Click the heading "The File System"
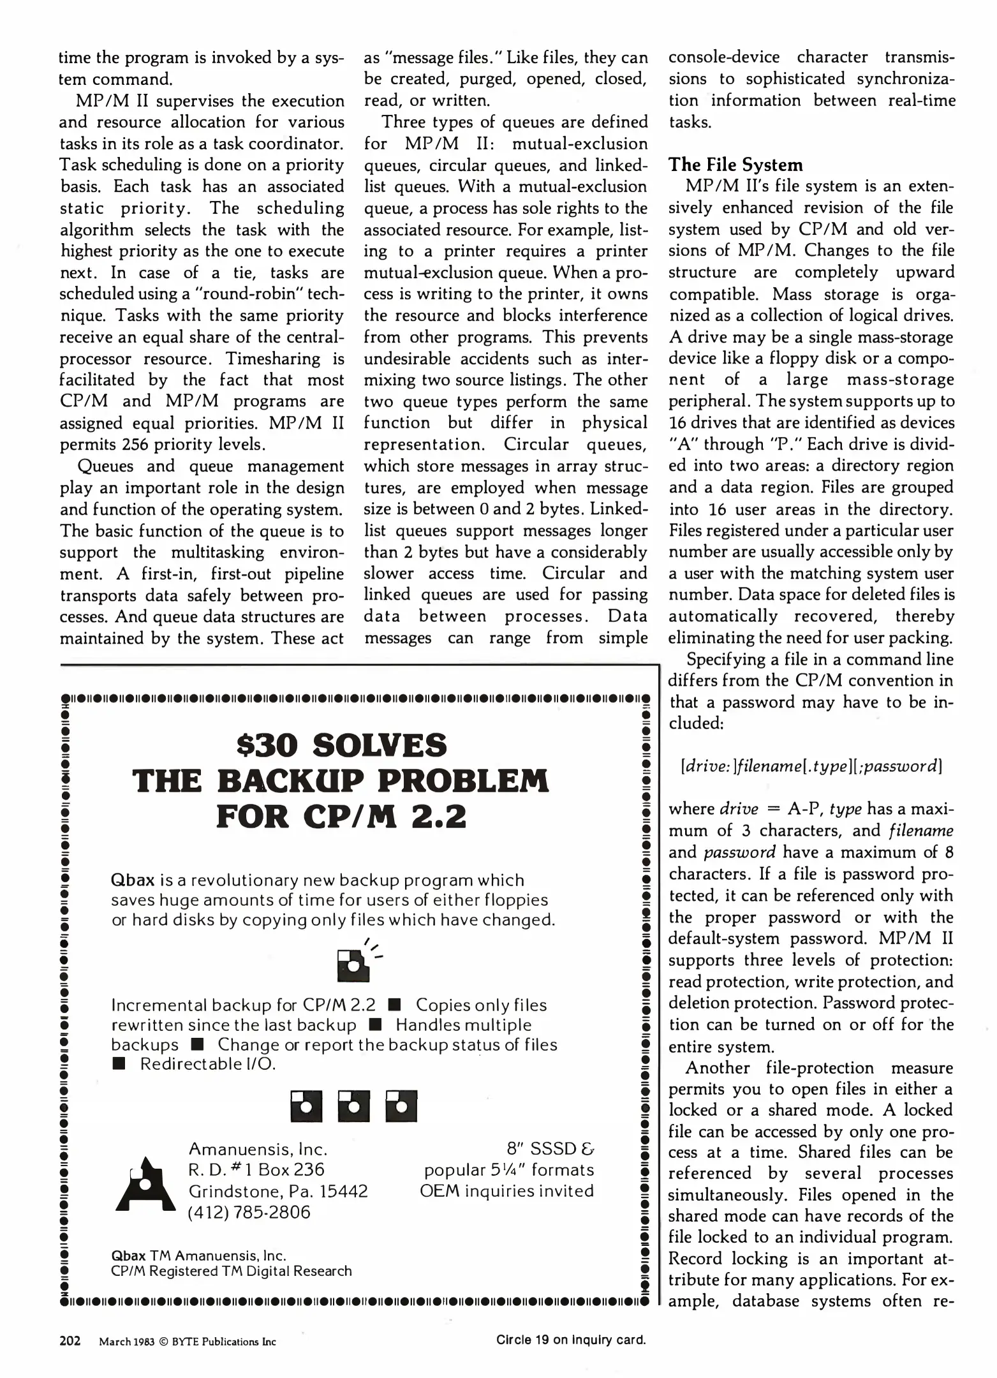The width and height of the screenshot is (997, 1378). pos(735,165)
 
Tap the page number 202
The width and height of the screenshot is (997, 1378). pos(70,1340)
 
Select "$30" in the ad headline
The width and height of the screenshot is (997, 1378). pos(267,745)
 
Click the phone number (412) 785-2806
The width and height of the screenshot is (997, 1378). pos(249,1212)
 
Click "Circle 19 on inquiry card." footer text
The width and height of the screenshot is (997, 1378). pos(571,1340)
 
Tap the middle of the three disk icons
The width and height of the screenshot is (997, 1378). pos(354,1106)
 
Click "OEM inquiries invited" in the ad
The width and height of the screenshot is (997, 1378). pos(506,1190)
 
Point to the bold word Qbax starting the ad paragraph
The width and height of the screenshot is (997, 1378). pos(133,880)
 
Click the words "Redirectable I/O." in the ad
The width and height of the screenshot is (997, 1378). pos(207,1064)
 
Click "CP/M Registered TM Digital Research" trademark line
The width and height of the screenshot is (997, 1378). pos(231,1271)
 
